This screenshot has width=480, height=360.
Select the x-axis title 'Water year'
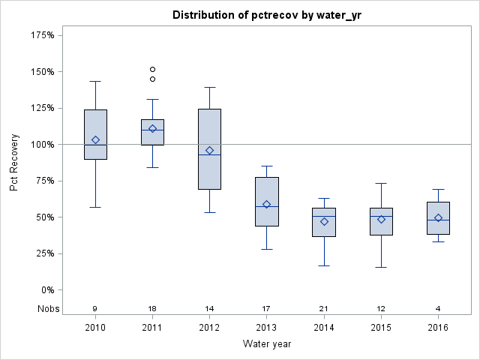267,343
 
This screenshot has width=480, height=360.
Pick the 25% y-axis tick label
42,253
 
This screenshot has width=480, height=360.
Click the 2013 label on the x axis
267,327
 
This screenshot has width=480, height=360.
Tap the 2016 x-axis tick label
438,327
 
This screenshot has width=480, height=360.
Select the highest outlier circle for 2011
152,70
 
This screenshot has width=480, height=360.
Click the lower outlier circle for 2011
152,79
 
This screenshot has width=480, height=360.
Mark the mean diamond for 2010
95,139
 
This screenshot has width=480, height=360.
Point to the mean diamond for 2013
267,204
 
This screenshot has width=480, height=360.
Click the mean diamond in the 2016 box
438,217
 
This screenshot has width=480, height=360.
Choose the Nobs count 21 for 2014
324,308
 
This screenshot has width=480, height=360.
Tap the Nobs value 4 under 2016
438,308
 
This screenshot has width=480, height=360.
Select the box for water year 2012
209,149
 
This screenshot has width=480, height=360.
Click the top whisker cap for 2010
95,81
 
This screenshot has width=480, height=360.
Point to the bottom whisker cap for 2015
381,267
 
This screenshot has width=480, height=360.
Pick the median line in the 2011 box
152,130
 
